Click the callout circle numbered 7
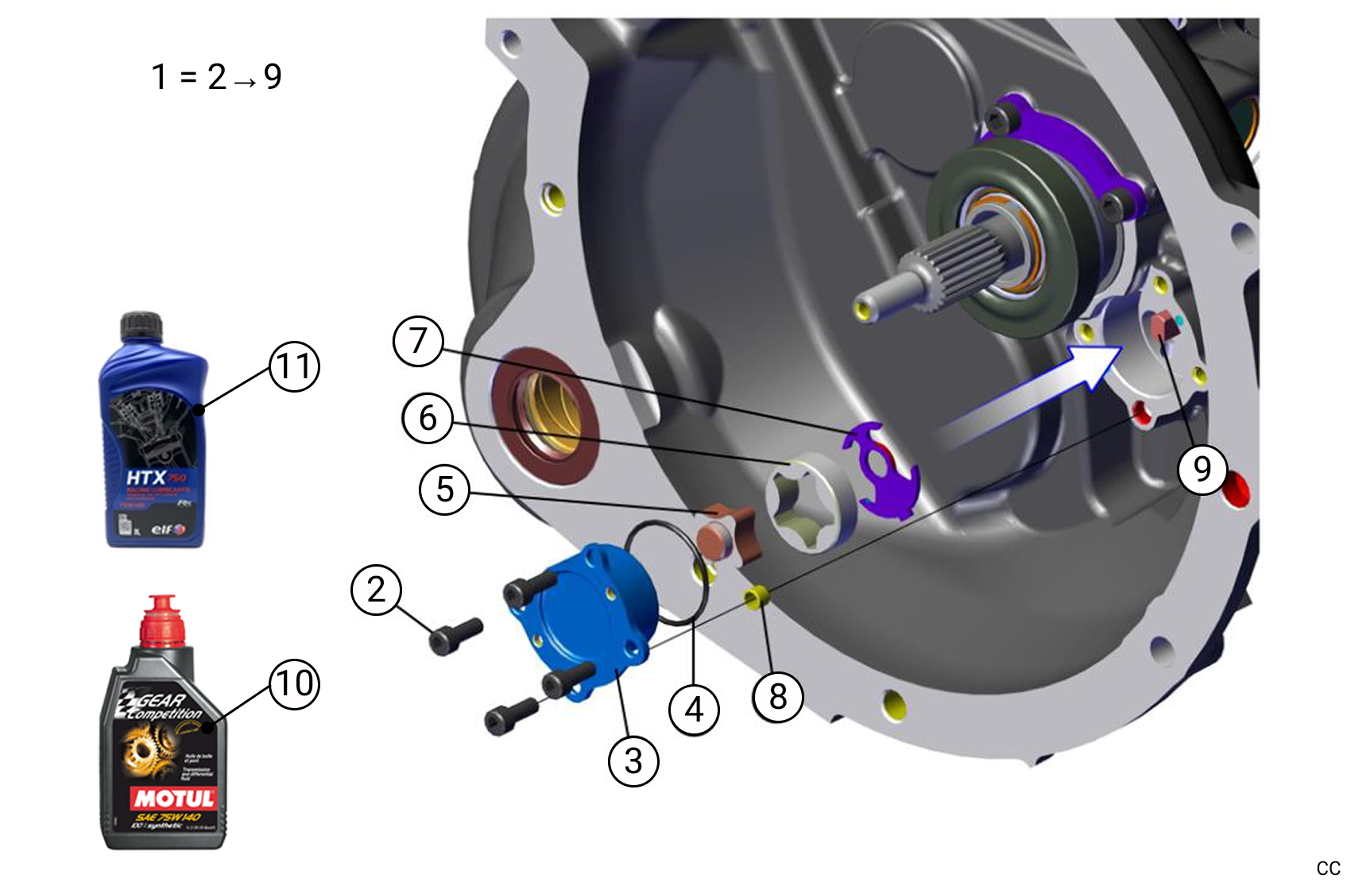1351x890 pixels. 418,342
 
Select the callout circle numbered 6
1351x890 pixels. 428,418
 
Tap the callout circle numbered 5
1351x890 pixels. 445,489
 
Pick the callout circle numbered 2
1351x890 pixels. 377,590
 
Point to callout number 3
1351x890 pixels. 633,761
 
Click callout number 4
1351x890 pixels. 694,710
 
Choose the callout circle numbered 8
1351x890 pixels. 778,697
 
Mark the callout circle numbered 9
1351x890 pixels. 1202,470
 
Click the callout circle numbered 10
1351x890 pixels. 295,683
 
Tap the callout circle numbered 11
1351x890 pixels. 295,366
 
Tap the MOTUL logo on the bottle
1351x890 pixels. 173,798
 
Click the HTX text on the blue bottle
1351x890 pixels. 146,478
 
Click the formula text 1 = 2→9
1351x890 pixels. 216,77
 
